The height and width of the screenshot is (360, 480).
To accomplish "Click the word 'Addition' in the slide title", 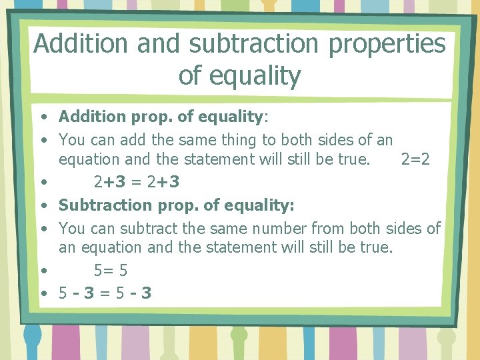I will (x=81, y=44).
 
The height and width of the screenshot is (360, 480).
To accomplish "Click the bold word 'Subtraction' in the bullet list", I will (x=101, y=205).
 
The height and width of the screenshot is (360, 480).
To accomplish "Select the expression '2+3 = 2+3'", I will (x=137, y=182).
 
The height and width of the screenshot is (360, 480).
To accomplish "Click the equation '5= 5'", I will (x=111, y=271).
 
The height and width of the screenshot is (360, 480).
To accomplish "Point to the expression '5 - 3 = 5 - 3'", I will (x=105, y=292).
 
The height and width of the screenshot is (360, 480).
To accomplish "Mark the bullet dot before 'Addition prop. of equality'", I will (x=43, y=117).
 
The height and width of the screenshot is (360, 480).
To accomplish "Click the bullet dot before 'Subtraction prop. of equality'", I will (x=43, y=205).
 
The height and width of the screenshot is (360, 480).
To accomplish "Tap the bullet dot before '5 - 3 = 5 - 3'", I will (x=43, y=293).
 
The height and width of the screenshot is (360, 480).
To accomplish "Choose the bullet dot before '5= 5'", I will (x=43, y=271).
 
